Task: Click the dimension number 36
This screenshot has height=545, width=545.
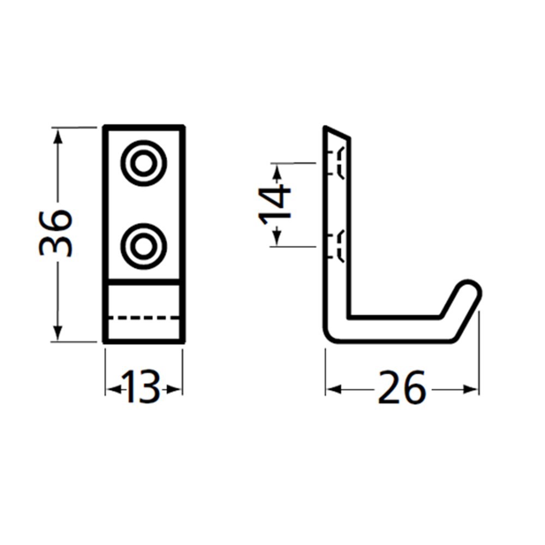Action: (x=56, y=233)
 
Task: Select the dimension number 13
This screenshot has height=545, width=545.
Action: (x=143, y=388)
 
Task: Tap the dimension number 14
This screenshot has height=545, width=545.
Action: (x=275, y=204)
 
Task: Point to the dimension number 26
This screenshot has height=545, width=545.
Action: (x=402, y=388)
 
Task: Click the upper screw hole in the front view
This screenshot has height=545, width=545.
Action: (x=144, y=163)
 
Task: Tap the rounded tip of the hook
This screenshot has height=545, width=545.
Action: (x=469, y=291)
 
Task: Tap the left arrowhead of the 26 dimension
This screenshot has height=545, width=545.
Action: (x=334, y=389)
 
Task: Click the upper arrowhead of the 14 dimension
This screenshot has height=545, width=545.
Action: (x=276, y=172)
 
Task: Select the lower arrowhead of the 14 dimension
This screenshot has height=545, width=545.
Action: (x=276, y=238)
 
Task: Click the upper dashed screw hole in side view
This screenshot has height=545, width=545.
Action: (x=338, y=162)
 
